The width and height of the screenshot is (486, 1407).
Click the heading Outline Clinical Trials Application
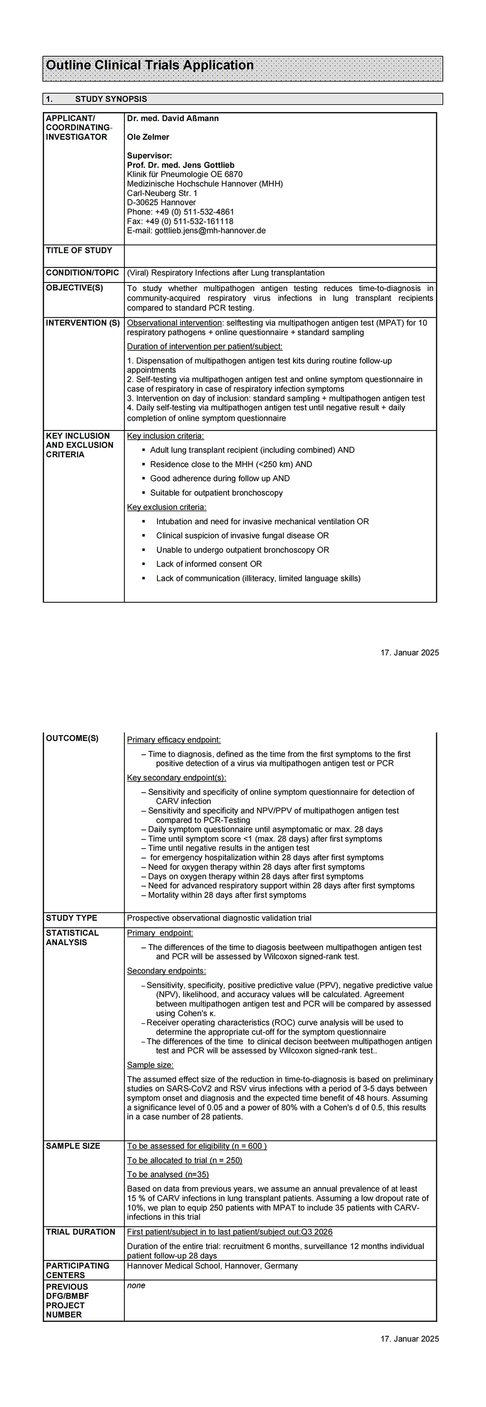(149, 66)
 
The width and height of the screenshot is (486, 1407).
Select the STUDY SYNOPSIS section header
(111, 99)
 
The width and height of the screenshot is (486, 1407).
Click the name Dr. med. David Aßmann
(173, 118)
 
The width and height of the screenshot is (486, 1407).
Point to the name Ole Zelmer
(148, 137)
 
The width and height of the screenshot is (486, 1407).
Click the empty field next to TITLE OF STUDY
(280, 256)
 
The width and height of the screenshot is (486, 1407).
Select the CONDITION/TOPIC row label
(82, 273)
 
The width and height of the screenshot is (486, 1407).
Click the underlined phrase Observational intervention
(174, 323)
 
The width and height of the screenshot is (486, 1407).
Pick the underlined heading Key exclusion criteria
(166, 507)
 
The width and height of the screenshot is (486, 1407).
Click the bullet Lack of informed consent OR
(209, 563)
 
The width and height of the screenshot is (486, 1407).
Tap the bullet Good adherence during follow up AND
(220, 479)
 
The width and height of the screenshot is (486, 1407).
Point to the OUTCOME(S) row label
(72, 739)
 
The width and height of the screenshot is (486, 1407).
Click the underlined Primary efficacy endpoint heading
(174, 740)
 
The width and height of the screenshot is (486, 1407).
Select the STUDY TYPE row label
(71, 918)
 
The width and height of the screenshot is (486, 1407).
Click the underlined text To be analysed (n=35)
(168, 1175)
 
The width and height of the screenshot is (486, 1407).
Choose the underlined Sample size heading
(150, 1065)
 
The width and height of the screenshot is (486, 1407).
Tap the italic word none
(136, 1285)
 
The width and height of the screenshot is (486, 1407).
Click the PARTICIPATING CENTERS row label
(78, 1270)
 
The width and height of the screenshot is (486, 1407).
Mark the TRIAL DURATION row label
(80, 1232)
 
